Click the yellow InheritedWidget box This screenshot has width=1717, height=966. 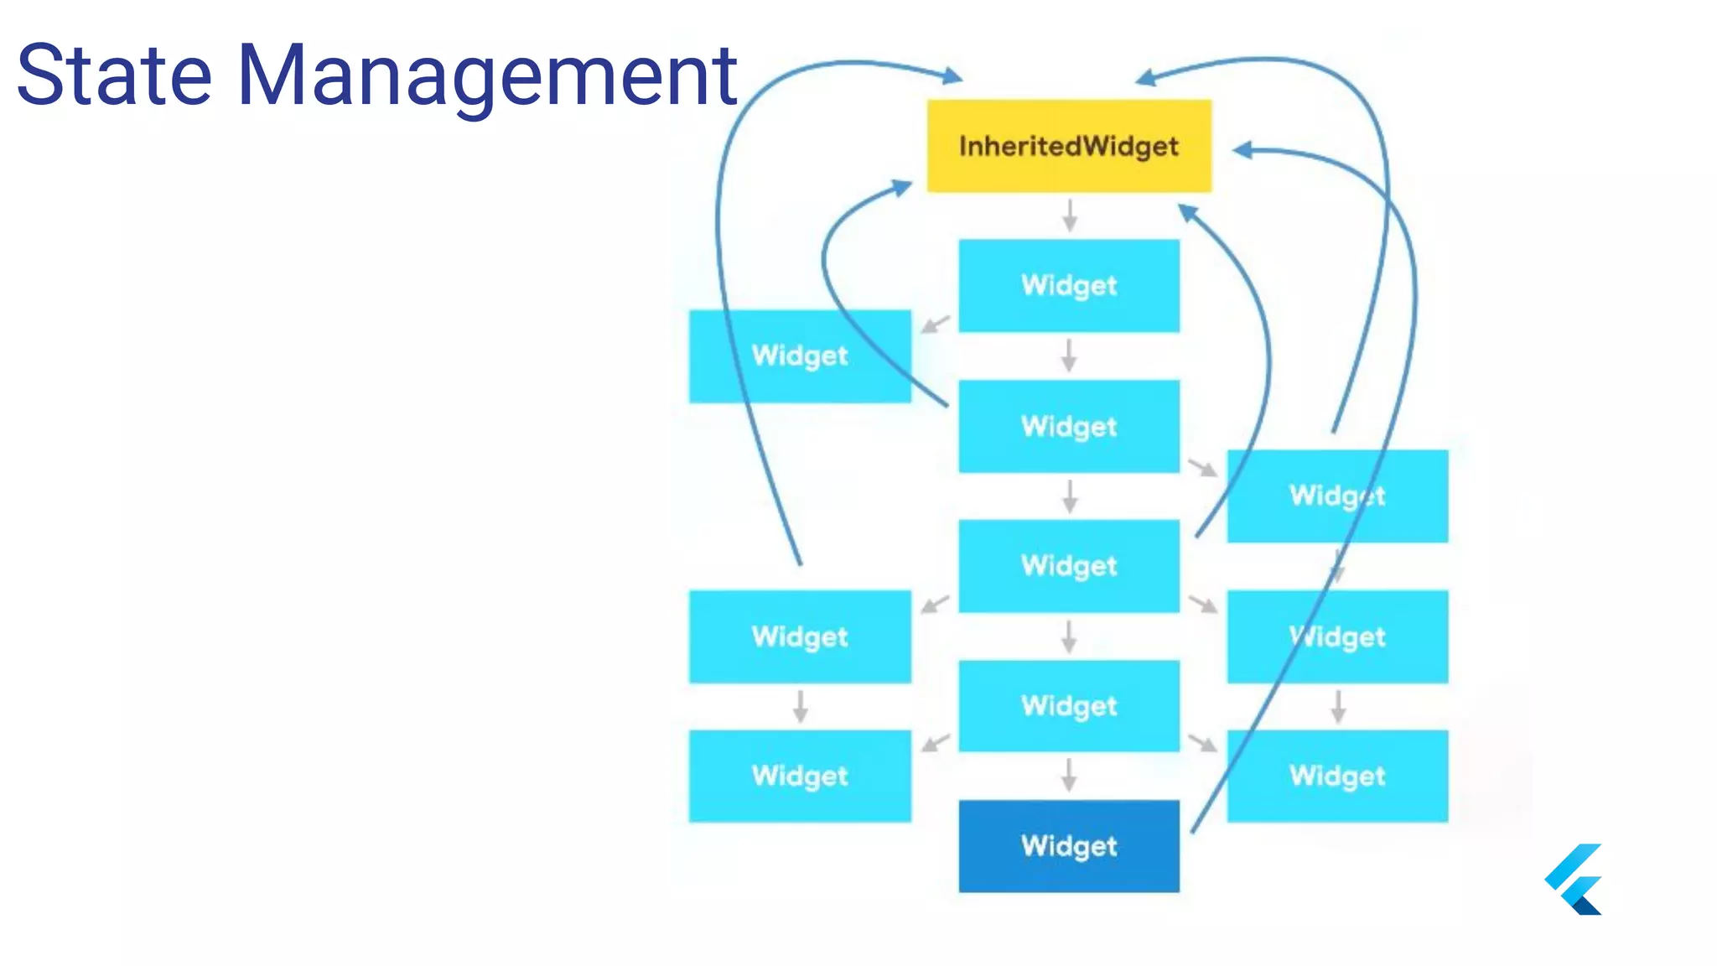[1069, 146]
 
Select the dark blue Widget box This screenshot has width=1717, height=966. [1069, 845]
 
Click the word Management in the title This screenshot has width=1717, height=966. [486, 75]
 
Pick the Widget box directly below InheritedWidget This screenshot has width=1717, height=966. [1069, 285]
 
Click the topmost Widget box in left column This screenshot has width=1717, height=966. [800, 356]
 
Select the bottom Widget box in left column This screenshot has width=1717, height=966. [800, 776]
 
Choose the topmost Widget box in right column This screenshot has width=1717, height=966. [1337, 496]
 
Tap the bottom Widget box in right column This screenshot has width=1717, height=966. [1337, 776]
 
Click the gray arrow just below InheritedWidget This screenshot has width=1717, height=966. [1070, 216]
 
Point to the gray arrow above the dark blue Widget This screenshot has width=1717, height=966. [1069, 775]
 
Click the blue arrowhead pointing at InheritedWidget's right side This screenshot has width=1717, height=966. [1243, 150]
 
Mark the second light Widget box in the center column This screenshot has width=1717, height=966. [1069, 426]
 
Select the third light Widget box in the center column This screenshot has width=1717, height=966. [1069, 566]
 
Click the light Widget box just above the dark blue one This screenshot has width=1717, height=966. [1069, 705]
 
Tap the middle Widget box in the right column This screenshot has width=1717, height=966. [1337, 636]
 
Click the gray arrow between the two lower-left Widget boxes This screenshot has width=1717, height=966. [801, 706]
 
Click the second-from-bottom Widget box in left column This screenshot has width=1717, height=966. [800, 636]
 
